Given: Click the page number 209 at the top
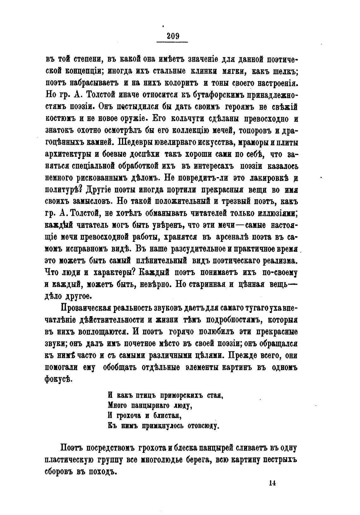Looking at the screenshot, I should pos(172,36).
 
